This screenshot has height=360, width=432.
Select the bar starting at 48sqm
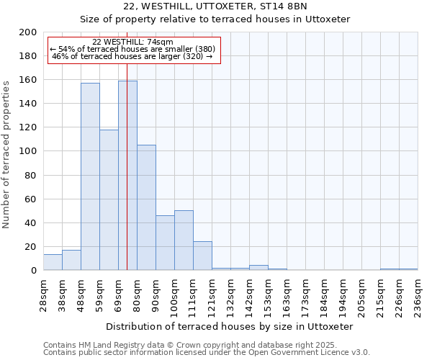[90, 176]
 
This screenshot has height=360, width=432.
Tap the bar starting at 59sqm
[109, 199]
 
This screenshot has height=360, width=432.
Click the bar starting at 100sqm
[184, 240]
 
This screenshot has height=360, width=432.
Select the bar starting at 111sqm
[202, 256]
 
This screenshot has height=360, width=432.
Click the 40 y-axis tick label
[32, 222]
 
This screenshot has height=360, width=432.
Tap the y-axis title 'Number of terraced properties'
[7, 154]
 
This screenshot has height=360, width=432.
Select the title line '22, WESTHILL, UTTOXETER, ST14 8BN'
[215, 6]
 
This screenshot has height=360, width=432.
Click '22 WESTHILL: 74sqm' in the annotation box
[133, 42]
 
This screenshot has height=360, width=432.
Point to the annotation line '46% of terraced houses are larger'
[133, 56]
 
